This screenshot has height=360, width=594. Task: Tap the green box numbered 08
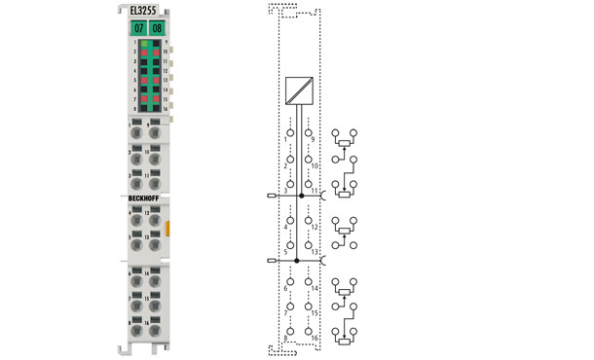point(156,28)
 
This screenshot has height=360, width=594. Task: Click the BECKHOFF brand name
point(146,198)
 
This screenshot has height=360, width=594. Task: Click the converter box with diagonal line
point(299,90)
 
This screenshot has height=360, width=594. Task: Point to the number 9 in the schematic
point(313,139)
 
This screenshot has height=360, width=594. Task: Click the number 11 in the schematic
point(315,192)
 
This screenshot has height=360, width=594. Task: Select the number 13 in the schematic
point(315,252)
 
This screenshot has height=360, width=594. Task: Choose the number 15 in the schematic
point(315,312)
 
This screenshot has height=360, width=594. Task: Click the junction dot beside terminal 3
point(301,196)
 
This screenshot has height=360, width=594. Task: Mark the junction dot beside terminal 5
point(301,262)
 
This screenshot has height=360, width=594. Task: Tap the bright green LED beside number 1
point(142,45)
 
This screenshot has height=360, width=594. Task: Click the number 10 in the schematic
point(315,166)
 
